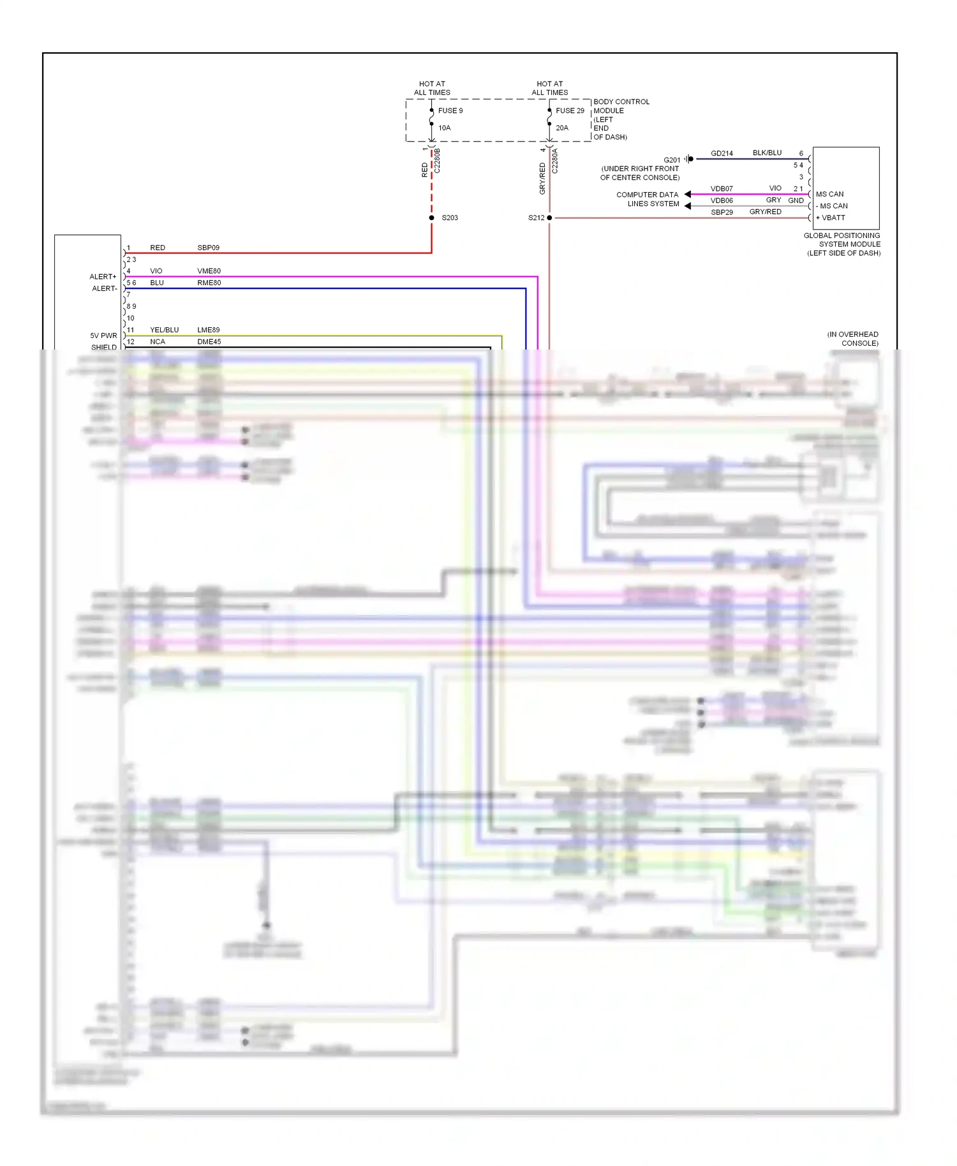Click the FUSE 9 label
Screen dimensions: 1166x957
(x=450, y=110)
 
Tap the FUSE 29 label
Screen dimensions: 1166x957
(x=569, y=110)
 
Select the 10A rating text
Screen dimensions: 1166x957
(x=444, y=128)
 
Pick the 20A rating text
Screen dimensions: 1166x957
(x=561, y=128)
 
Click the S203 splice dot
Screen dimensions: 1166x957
(x=432, y=218)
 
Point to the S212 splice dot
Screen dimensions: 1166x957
(x=549, y=218)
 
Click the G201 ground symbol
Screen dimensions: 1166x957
(x=690, y=159)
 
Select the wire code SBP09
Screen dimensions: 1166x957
(x=208, y=247)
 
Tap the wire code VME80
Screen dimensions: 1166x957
(x=209, y=271)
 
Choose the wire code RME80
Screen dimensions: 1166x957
(x=209, y=283)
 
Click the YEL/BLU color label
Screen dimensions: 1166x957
(x=164, y=330)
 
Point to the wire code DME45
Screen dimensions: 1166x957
(x=209, y=342)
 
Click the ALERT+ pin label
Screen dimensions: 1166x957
(x=103, y=277)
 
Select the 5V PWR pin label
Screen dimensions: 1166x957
(x=103, y=336)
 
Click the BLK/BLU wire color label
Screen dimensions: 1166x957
(x=767, y=153)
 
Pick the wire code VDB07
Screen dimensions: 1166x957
(x=722, y=189)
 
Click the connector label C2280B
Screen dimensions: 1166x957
(x=438, y=161)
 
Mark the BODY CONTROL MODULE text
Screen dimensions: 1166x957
(x=621, y=106)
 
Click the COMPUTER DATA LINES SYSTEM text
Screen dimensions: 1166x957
(x=647, y=199)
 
